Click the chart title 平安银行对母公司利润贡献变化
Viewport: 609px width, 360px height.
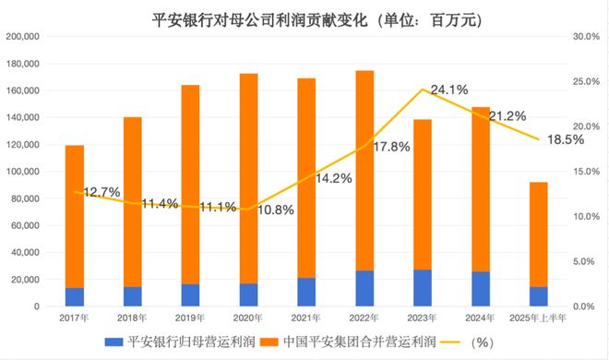[304, 18]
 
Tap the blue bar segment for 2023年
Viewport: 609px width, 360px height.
[423, 287]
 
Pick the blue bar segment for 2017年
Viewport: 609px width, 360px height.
[75, 296]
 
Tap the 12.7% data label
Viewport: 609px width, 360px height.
[101, 192]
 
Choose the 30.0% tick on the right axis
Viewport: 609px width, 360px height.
[586, 36]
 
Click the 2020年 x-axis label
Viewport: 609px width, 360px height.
[248, 320]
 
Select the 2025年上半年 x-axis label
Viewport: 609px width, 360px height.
[538, 320]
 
